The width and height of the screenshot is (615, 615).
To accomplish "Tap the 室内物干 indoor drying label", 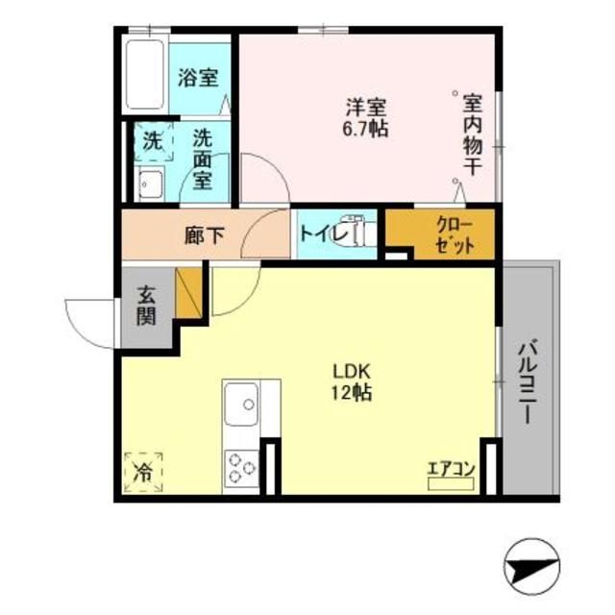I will [472, 134].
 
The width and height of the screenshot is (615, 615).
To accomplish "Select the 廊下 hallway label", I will [205, 234].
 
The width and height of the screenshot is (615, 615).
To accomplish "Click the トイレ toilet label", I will [316, 234].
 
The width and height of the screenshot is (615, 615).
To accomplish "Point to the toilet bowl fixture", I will [362, 234].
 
